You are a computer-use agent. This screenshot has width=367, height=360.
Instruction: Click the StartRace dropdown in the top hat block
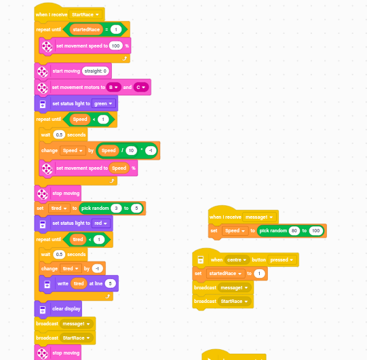point(85,14)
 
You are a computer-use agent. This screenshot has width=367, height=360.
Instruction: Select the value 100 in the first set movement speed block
point(115,46)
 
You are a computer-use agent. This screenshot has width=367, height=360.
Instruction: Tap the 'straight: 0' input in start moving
point(96,71)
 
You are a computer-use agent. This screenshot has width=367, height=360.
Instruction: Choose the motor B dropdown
point(113,87)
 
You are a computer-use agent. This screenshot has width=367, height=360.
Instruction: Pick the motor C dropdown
point(141,87)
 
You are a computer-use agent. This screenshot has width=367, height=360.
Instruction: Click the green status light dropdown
point(104,104)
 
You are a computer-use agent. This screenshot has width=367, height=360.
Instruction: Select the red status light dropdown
point(101,223)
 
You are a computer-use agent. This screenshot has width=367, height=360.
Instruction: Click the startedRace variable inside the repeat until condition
point(86,29)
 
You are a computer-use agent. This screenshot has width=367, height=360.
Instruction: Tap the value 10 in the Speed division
point(131,151)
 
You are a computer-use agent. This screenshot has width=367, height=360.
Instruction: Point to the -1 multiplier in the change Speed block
point(151,151)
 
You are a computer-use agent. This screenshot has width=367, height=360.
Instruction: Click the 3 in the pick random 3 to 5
point(116,208)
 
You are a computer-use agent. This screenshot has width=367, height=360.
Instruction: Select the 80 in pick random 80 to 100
point(294,231)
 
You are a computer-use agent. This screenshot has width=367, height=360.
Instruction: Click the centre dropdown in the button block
point(237,259)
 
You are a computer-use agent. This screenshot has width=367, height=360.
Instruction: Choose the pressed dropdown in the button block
point(282,259)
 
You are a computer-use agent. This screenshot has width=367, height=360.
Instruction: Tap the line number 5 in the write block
point(111,284)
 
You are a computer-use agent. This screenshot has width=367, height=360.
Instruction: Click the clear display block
point(58,308)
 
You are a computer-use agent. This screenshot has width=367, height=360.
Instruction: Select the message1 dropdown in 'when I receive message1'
point(259,217)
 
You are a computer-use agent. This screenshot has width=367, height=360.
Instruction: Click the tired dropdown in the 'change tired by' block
point(71,268)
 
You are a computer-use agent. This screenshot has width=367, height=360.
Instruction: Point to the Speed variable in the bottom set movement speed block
point(119,168)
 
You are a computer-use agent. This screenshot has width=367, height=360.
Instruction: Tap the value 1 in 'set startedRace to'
point(259,274)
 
